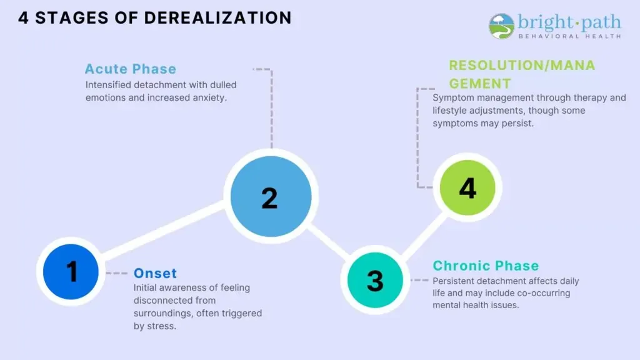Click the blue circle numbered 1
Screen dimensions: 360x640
pyautogui.click(x=71, y=272)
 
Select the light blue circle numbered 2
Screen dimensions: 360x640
pyautogui.click(x=270, y=197)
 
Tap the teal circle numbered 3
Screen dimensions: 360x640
pyautogui.click(x=375, y=280)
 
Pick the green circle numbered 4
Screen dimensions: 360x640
pyautogui.click(x=467, y=187)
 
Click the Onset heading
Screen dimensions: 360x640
pyautogui.click(x=155, y=273)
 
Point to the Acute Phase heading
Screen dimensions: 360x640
pyautogui.click(x=131, y=69)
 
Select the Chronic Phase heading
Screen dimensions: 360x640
pyautogui.click(x=486, y=266)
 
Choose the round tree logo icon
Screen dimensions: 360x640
pyautogui.click(x=501, y=26)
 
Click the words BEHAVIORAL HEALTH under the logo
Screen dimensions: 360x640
pyautogui.click(x=569, y=36)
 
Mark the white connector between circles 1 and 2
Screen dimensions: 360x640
pyautogui.click(x=164, y=233)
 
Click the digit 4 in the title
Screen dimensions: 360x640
pyautogui.click(x=23, y=17)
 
